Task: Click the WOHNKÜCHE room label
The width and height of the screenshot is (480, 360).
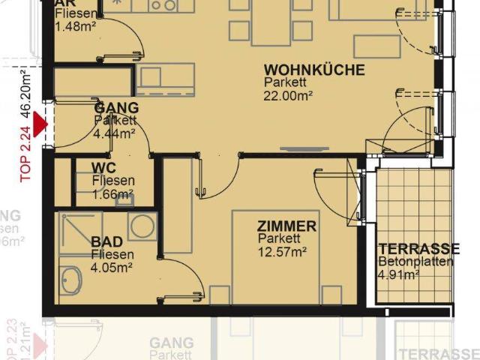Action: point(314,70)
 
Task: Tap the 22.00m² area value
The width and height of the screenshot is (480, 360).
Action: point(289,95)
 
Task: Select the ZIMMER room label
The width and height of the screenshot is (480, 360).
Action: point(286,226)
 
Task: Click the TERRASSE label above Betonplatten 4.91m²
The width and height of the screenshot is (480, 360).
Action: point(418,249)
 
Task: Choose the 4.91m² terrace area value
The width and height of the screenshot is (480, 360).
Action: point(398,274)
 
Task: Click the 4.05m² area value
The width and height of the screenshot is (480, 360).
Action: point(112,266)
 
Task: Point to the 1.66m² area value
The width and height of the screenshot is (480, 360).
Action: point(112,193)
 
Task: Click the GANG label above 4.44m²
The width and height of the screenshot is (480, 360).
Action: point(112,107)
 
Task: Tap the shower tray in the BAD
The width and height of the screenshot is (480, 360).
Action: point(80,233)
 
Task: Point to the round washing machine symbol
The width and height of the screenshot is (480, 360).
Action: point(142,225)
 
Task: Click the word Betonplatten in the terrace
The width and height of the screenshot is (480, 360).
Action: point(416,262)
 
